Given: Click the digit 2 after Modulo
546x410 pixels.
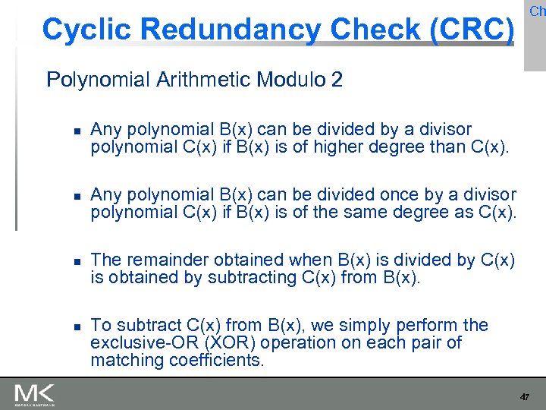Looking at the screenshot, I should click(x=336, y=80).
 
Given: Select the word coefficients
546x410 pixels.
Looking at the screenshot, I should click(x=214, y=361).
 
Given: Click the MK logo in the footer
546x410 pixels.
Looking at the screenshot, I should click(x=33, y=393).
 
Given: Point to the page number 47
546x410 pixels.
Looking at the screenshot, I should click(x=524, y=397).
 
